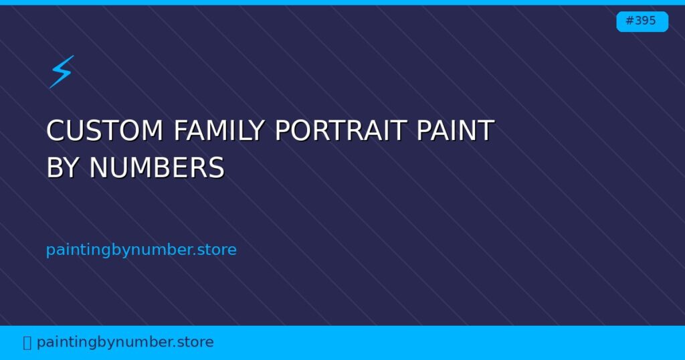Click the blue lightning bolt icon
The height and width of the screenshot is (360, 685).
[x=61, y=71]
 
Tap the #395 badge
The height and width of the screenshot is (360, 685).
[x=642, y=21]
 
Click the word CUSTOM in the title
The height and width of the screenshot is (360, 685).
[x=104, y=130]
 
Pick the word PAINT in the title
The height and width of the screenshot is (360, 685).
[x=456, y=130]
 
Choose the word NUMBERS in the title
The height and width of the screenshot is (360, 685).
[x=157, y=168]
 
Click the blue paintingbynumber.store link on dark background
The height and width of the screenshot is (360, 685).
[x=141, y=250]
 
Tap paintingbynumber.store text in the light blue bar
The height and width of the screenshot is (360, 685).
[x=125, y=343]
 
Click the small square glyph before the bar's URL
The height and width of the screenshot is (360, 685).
[x=27, y=343]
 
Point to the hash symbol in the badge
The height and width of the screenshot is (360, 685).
[x=629, y=21]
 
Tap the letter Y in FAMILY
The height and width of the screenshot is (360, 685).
[x=257, y=130]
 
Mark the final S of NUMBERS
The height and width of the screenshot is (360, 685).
[x=216, y=168]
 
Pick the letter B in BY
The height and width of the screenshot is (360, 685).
[x=54, y=168]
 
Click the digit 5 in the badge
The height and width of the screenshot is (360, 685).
[x=652, y=21]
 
